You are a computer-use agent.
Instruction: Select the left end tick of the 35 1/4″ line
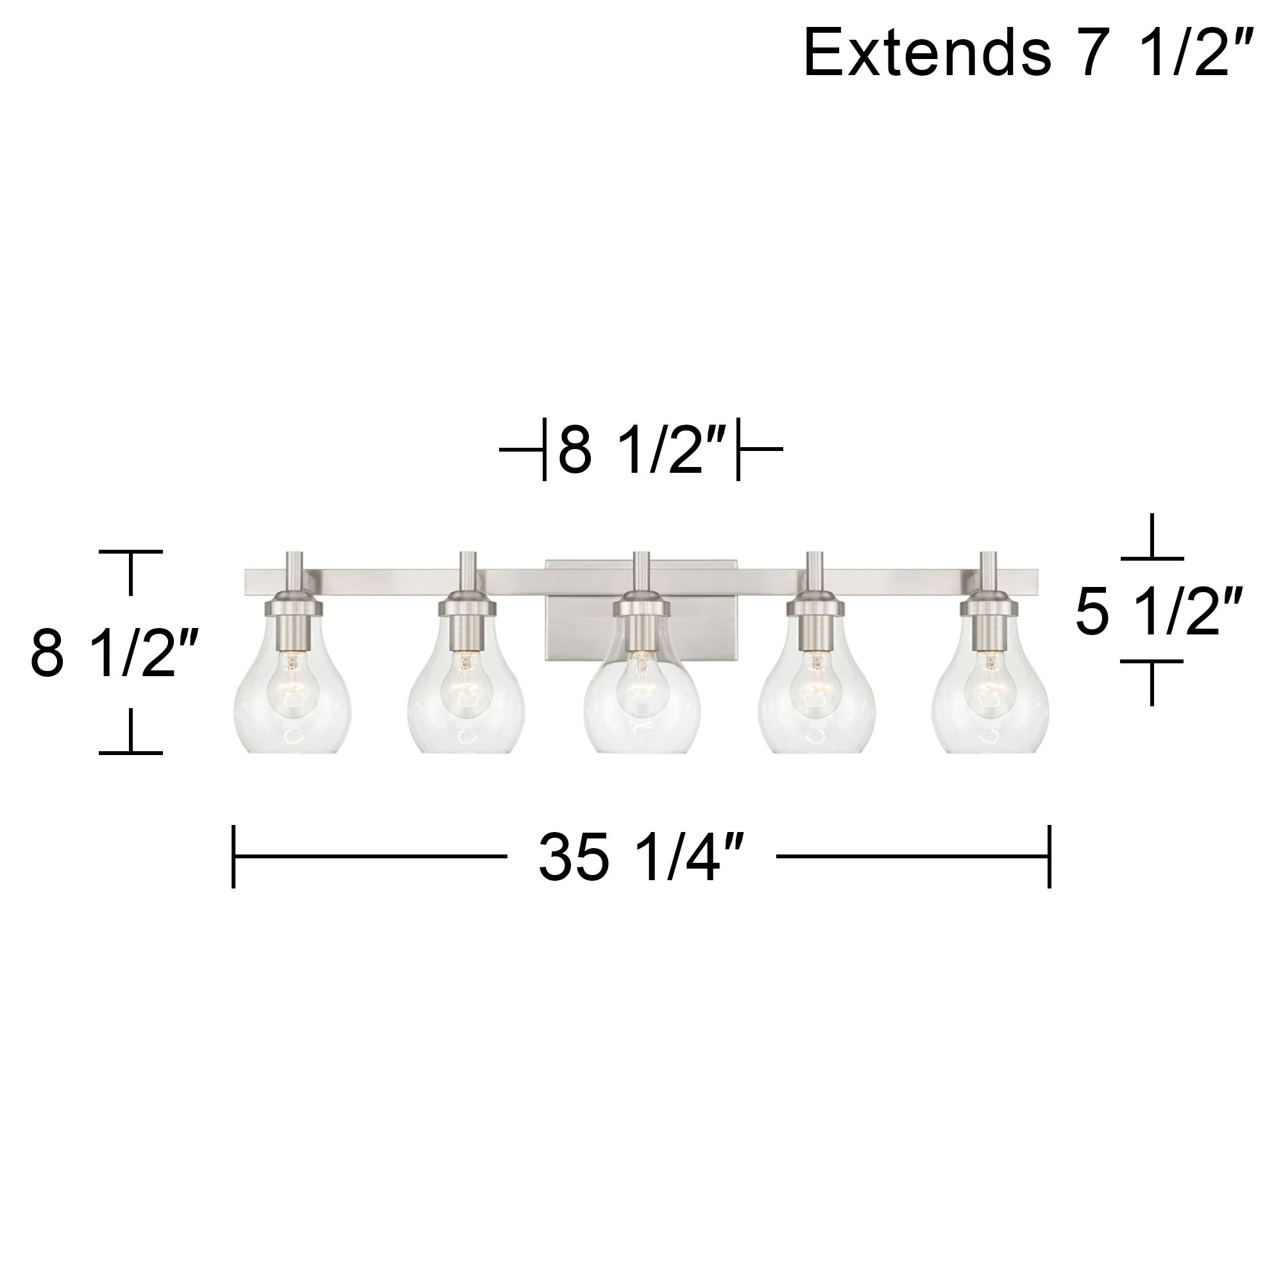(x=234, y=856)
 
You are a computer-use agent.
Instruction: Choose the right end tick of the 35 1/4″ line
(x=1049, y=856)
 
